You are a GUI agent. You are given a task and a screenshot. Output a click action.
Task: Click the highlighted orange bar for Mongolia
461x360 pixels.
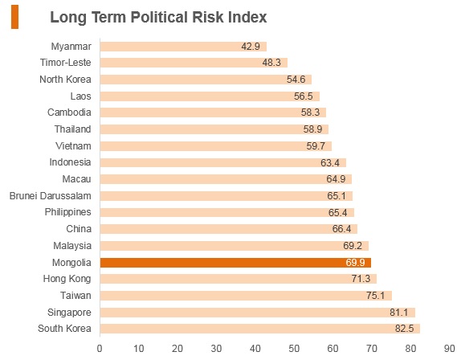click(235, 263)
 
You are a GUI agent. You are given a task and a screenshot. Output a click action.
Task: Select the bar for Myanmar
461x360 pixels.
click(183, 47)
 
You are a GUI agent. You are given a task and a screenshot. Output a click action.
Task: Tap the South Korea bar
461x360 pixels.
click(260, 329)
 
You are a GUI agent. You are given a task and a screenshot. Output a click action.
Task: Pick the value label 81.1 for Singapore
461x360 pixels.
click(398, 313)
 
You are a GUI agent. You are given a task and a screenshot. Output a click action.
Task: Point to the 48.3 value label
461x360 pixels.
click(271, 63)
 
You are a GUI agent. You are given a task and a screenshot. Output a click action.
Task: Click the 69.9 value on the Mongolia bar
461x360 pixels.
click(355, 262)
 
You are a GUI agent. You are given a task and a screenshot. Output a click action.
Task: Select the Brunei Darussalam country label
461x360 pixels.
click(51, 196)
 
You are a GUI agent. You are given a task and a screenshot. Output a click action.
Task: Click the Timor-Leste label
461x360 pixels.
click(66, 63)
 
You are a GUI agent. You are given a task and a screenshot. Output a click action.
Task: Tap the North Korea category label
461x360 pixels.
click(65, 80)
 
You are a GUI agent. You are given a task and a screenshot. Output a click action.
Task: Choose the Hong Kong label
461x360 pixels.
click(67, 279)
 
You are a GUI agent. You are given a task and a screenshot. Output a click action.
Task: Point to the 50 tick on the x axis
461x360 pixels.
click(294, 349)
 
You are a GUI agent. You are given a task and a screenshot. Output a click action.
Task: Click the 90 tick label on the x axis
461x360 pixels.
click(449, 349)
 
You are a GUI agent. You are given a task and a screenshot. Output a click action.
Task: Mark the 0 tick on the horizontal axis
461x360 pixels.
click(100, 349)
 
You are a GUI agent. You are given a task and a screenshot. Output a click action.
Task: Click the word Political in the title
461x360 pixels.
click(160, 17)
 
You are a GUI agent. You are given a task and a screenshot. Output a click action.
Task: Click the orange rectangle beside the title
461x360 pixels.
click(14, 17)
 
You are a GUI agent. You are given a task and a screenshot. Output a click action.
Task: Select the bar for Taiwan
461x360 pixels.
click(246, 296)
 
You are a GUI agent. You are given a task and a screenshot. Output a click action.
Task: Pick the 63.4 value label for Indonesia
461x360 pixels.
click(330, 163)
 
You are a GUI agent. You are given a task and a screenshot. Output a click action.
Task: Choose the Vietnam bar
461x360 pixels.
click(216, 146)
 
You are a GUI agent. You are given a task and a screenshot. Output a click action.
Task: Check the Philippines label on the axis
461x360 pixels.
click(68, 212)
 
